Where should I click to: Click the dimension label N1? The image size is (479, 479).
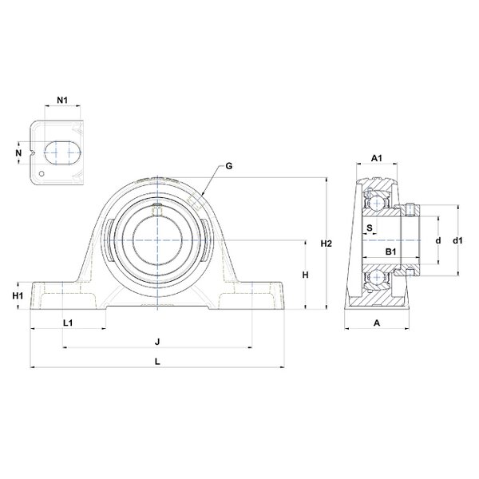pyautogui.click(x=62, y=100)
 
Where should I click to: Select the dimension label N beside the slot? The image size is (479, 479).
pyautogui.click(x=18, y=152)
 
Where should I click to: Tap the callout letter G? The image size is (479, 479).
pyautogui.click(x=229, y=166)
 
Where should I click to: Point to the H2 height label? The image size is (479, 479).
pyautogui.click(x=327, y=243)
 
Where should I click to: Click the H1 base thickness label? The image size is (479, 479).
pyautogui.click(x=18, y=295)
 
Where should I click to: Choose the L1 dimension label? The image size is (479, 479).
pyautogui.click(x=68, y=323)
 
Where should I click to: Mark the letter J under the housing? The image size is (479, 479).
pyautogui.click(x=157, y=342)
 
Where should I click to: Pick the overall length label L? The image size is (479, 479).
pyautogui.click(x=157, y=362)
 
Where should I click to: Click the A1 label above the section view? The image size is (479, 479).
pyautogui.click(x=377, y=158)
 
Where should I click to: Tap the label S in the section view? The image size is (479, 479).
pyautogui.click(x=370, y=228)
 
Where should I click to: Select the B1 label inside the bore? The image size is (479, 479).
pyautogui.click(x=390, y=251)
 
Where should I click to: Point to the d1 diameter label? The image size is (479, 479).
pyautogui.click(x=457, y=241)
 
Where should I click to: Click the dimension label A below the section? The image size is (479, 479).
pyautogui.click(x=377, y=323)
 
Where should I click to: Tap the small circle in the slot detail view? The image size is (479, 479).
pyautogui.click(x=42, y=173)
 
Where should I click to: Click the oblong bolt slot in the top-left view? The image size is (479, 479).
pyautogui.click(x=63, y=152)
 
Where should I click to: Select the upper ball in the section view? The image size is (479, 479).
pyautogui.click(x=377, y=202)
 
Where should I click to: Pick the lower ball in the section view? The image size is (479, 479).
pyautogui.click(x=377, y=277)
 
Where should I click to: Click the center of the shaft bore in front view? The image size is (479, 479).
pyautogui.click(x=157, y=240)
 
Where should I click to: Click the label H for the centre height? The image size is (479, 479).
pyautogui.click(x=306, y=275)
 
